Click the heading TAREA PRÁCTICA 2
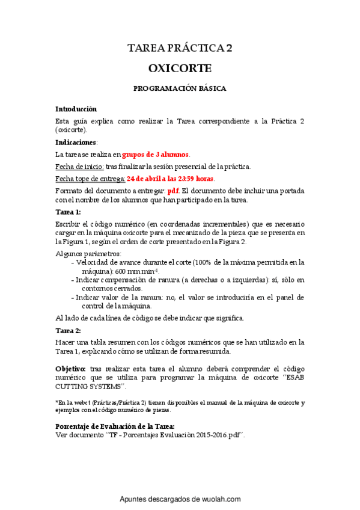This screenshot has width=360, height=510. pos(180,49)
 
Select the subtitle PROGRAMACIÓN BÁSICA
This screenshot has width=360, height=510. pos(180,88)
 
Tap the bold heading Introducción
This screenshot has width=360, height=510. pos(76,109)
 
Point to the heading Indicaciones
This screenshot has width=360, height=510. pos(76,143)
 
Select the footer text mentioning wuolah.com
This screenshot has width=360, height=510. pos(180,499)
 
